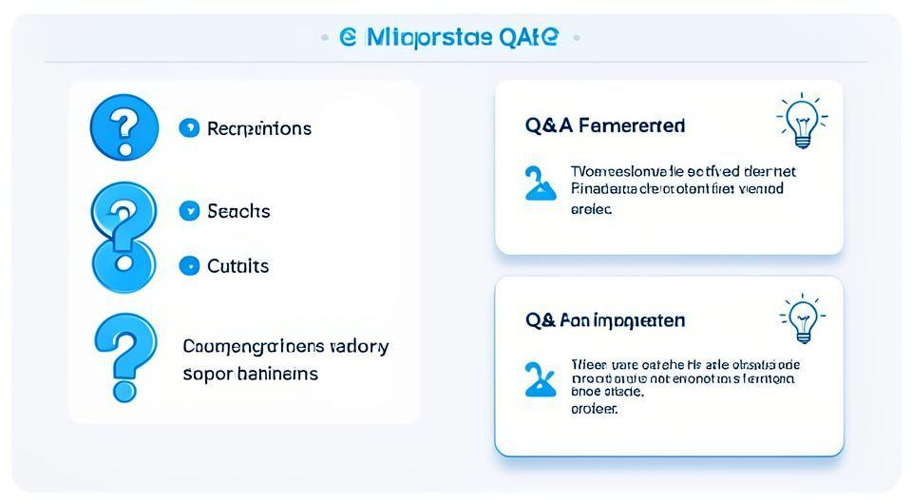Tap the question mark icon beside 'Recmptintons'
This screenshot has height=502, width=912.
(x=123, y=126)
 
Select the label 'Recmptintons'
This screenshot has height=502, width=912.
(x=258, y=128)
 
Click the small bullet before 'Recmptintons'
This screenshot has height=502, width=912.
(x=189, y=127)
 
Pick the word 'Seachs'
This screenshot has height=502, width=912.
(x=238, y=211)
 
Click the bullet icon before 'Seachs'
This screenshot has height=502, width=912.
(x=189, y=211)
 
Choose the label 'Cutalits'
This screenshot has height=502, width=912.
(x=237, y=266)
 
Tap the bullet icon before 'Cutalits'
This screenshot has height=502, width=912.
(x=189, y=266)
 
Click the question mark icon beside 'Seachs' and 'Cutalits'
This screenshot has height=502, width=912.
(x=123, y=238)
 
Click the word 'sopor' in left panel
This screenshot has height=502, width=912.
(x=206, y=374)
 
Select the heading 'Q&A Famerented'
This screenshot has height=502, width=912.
(x=604, y=126)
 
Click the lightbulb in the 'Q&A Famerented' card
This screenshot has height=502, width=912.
(x=801, y=122)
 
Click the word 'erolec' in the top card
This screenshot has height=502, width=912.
(x=591, y=208)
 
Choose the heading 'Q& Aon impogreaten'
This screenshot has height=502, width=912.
(x=604, y=320)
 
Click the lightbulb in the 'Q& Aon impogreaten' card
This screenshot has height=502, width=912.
(x=802, y=319)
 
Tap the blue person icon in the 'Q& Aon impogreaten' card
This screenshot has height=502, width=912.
(x=540, y=379)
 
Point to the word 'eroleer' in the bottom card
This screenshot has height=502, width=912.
(x=594, y=409)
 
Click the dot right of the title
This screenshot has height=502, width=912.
(x=576, y=38)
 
